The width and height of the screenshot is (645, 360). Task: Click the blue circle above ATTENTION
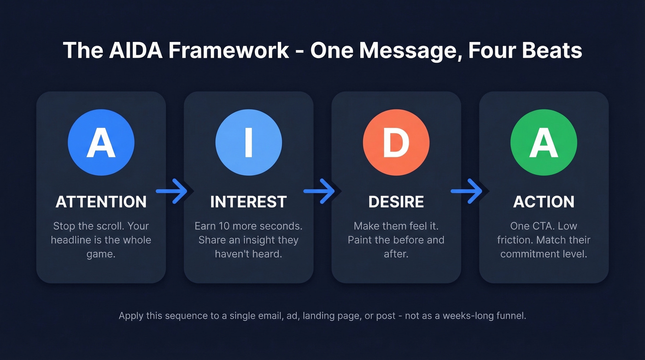(101, 142)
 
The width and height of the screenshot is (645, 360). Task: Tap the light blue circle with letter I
(248, 142)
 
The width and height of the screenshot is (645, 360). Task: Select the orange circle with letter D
(396, 142)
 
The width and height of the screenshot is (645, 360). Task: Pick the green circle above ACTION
(544, 142)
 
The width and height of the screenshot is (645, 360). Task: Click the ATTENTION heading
(101, 202)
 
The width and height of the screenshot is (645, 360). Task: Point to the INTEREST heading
(248, 202)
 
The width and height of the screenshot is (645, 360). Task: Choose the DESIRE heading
(396, 202)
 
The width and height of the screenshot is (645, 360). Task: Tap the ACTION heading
(544, 202)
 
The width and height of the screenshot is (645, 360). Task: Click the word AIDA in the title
(137, 50)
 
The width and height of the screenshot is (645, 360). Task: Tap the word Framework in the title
(228, 50)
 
